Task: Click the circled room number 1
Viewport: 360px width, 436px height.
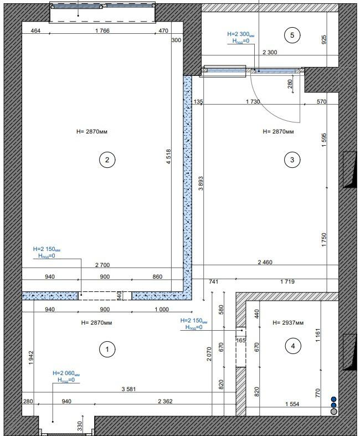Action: coord(107,349)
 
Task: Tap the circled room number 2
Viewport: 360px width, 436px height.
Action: coord(107,160)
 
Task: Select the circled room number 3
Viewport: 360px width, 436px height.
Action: coord(292,160)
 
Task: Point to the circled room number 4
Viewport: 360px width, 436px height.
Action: coord(293,346)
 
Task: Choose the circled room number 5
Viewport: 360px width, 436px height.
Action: coord(292,35)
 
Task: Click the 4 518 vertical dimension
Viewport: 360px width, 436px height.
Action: coord(169,157)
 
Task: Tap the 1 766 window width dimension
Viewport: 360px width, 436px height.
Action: coord(102,30)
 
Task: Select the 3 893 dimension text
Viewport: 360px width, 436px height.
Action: coord(200,183)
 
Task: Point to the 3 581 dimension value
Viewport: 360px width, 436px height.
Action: coord(128,389)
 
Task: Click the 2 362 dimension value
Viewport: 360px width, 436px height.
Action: coord(165,401)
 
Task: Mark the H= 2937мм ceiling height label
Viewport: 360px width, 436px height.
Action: coord(288,323)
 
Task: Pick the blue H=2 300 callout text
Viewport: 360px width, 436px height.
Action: coord(241,34)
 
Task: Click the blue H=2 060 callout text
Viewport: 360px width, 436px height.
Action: coord(66,373)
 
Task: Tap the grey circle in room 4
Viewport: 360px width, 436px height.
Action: coord(334,411)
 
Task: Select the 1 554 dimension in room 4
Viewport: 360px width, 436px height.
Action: coord(292,404)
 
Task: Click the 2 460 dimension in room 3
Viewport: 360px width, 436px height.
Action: coord(265,262)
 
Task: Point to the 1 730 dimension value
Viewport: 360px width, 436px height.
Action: coord(253,102)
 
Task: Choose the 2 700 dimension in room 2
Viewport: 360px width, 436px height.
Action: coord(102,265)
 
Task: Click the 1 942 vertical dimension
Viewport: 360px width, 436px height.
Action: coord(31,358)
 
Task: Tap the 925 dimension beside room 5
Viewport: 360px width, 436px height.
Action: coord(324,39)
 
